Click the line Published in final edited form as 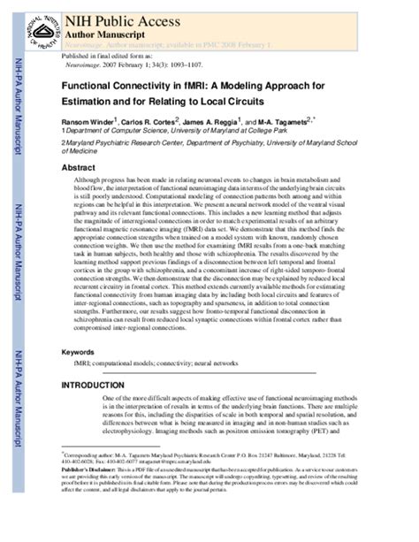click(106, 55)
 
